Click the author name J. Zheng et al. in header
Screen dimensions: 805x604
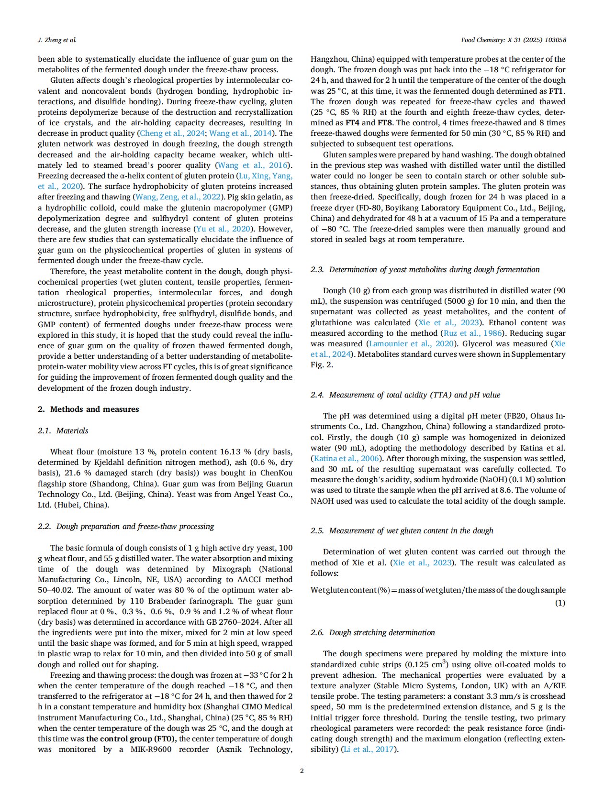57,40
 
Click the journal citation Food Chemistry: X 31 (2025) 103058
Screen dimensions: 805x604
513,40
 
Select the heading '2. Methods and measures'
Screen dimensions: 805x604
88,409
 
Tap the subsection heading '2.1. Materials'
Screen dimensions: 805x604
63,431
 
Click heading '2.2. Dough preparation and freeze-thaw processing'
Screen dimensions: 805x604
126,527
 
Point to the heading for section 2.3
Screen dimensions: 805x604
425,270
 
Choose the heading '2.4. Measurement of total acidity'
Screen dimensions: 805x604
405,395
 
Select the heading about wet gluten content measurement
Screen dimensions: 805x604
402,531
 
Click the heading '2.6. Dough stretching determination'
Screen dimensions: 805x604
372,633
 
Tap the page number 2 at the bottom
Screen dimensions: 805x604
302,771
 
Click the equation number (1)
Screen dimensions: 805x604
560,603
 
